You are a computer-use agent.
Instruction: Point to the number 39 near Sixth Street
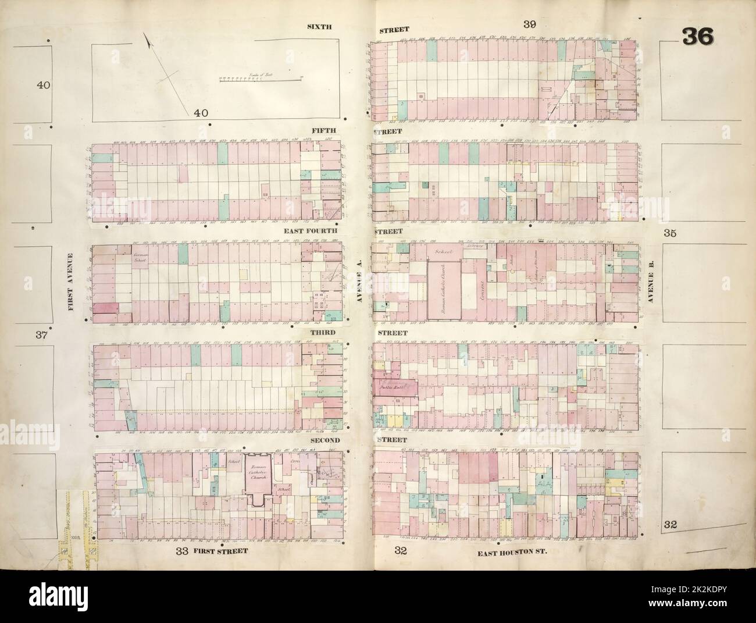(529, 24)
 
